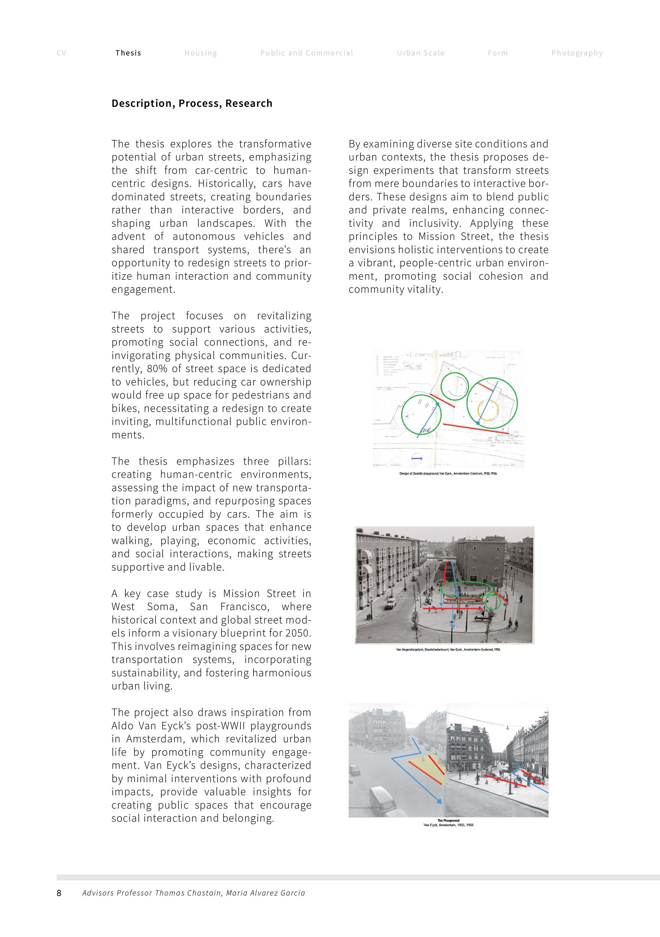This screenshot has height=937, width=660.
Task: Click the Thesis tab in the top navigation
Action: [128, 53]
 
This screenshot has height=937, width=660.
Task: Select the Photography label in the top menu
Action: [577, 53]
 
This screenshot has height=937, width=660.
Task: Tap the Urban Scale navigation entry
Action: [421, 53]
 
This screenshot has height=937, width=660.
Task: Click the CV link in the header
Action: [61, 53]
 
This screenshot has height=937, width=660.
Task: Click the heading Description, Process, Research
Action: [192, 103]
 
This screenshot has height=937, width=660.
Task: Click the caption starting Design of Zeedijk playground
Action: [448, 474]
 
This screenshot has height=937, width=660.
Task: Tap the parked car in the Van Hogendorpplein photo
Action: [391, 603]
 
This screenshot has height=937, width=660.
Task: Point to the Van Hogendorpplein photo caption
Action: [448, 649]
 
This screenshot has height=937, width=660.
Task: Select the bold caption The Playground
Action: [448, 820]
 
